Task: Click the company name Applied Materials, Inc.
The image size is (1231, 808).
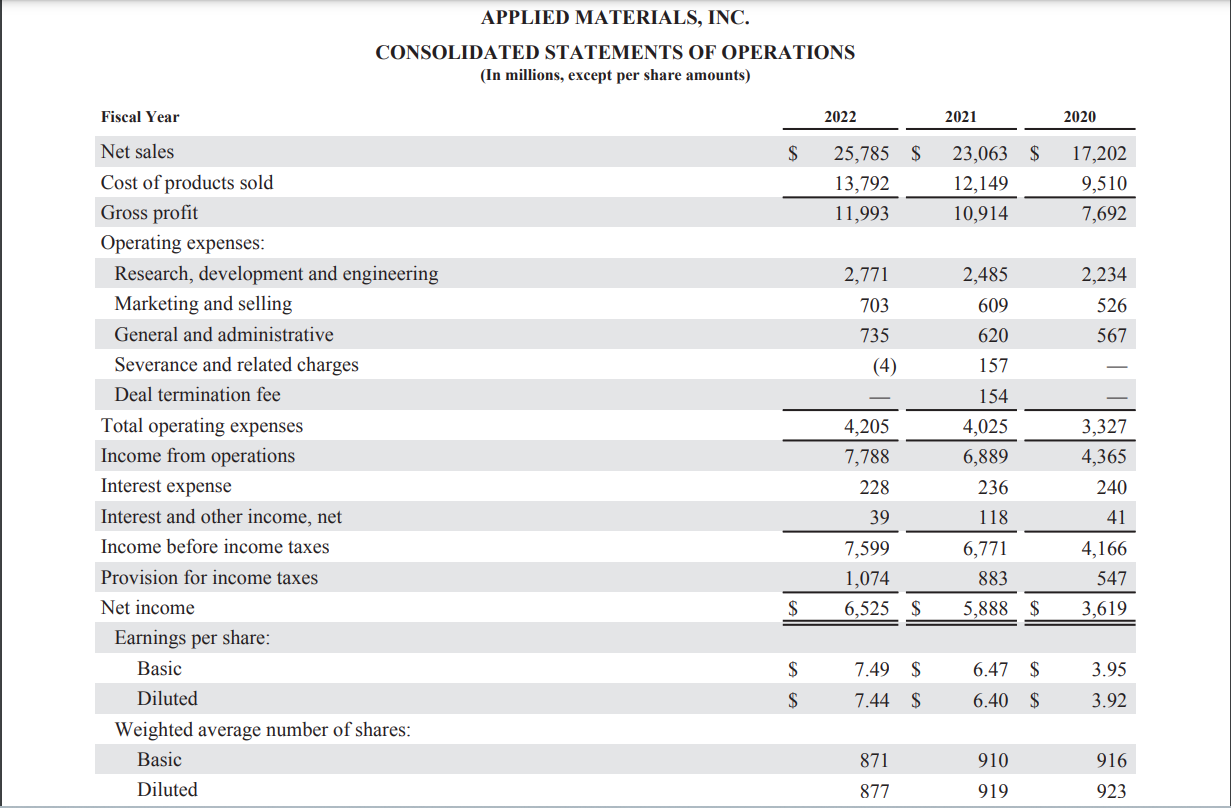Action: [615, 18]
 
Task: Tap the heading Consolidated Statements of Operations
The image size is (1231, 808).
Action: [615, 52]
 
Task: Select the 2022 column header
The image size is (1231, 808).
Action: [840, 117]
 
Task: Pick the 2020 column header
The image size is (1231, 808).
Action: [1079, 117]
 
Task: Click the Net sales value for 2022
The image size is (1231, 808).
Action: [861, 153]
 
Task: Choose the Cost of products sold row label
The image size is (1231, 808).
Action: [187, 183]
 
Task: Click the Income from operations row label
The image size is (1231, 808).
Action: [198, 456]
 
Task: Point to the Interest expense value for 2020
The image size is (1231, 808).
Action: [1111, 487]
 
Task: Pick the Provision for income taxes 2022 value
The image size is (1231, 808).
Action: [867, 579]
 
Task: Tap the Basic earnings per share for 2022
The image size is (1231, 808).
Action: [872, 669]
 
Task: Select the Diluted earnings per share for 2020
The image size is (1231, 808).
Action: [1109, 700]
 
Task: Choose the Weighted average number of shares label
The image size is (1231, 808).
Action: [263, 730]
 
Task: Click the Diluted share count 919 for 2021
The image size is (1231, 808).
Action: [994, 791]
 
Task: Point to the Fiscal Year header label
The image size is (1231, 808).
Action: [140, 117]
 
